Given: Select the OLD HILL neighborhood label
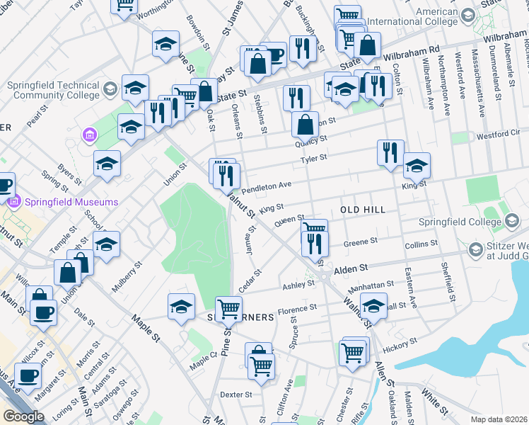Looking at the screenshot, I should pos(363,210).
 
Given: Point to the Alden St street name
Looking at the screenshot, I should pos(352,269).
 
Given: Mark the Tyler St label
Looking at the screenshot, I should pos(313,159).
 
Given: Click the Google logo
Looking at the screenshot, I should pos(23,416).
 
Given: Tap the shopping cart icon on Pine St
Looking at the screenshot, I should pos(228,308).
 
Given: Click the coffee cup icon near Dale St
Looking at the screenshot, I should pos(43,312).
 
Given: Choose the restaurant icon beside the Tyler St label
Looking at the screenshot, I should pos(389,151).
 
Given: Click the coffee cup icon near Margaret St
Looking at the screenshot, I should pos(28,375).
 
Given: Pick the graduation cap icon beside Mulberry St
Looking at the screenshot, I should pos(106,244).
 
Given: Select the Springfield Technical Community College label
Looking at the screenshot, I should pos(53,89).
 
